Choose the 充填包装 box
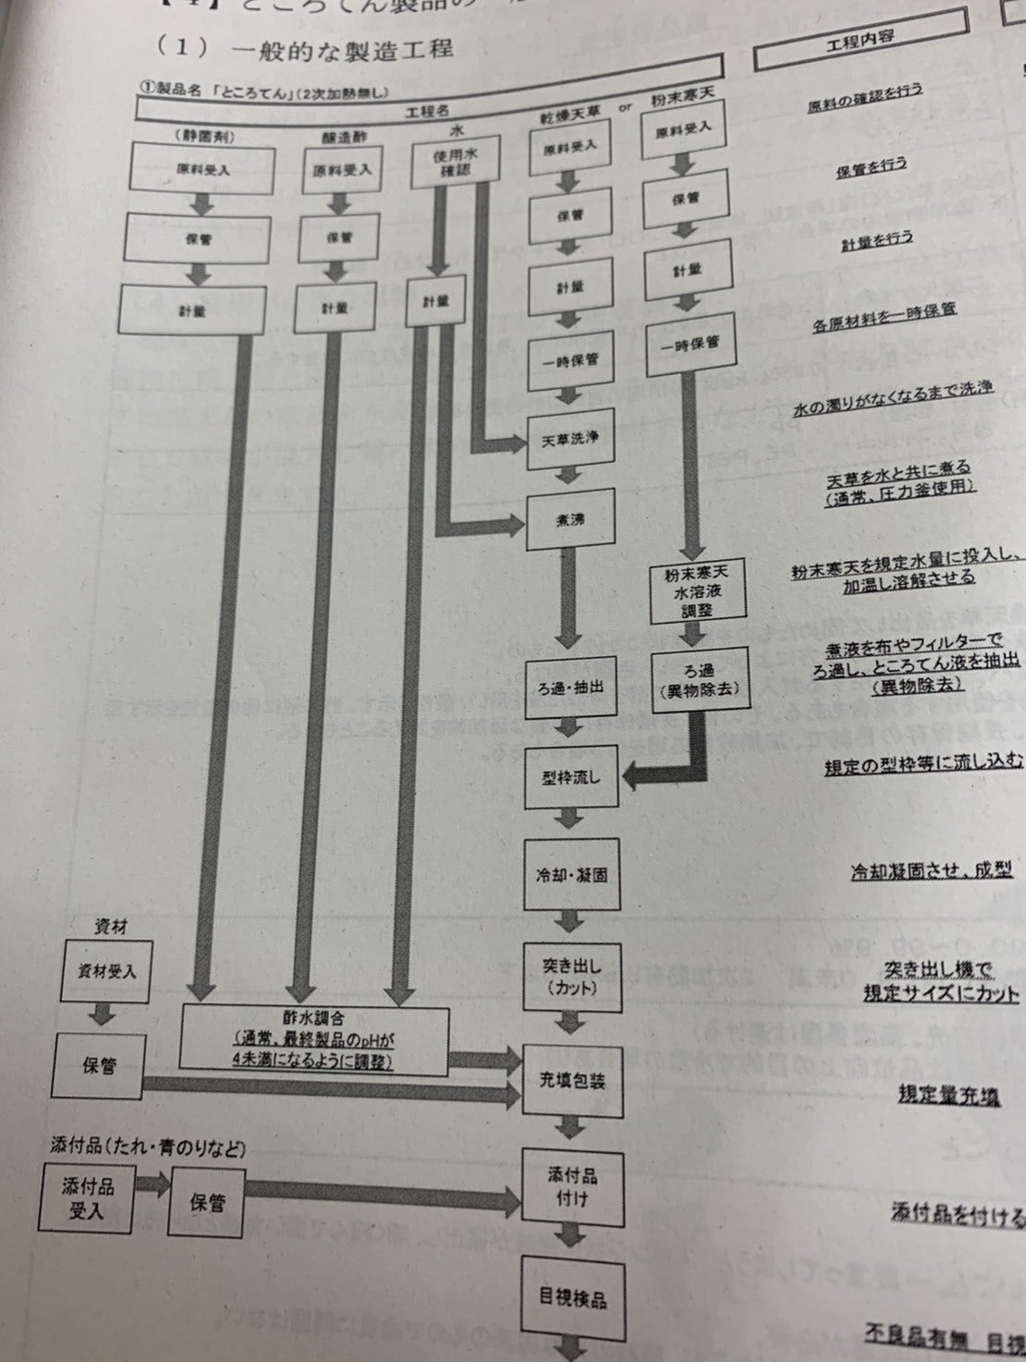pyautogui.click(x=571, y=1079)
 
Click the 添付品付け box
pyautogui.click(x=571, y=1187)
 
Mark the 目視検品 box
pyautogui.click(x=572, y=1297)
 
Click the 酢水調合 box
pyautogui.click(x=314, y=1038)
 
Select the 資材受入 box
pyautogui.click(x=104, y=971)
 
